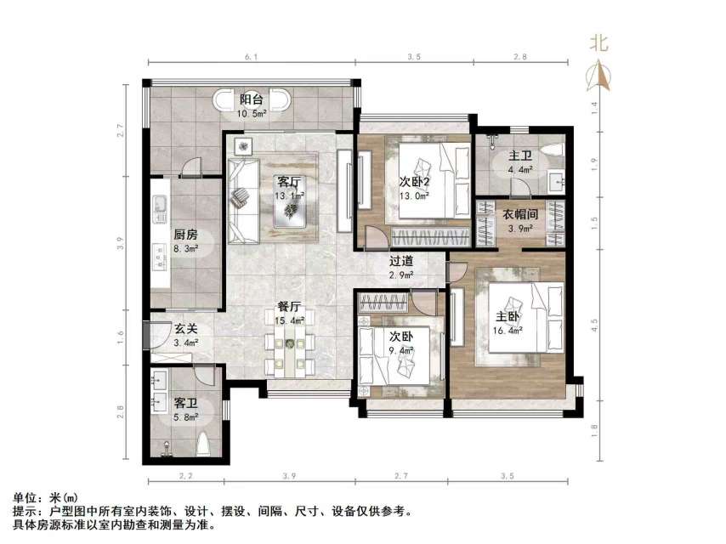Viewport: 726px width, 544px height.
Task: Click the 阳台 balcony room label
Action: (x=251, y=99)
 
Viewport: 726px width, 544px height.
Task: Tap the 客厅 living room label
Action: (x=289, y=181)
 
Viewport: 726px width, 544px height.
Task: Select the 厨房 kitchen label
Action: (x=186, y=235)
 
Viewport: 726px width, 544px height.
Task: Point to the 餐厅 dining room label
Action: (x=290, y=307)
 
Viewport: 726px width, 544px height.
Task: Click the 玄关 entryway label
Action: (x=186, y=329)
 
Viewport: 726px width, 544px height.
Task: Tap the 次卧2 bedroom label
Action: (x=416, y=181)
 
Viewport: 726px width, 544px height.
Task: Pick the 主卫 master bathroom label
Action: (x=520, y=156)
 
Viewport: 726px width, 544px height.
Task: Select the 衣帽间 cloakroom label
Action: (x=519, y=215)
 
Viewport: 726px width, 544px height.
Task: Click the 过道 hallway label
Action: (x=402, y=263)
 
